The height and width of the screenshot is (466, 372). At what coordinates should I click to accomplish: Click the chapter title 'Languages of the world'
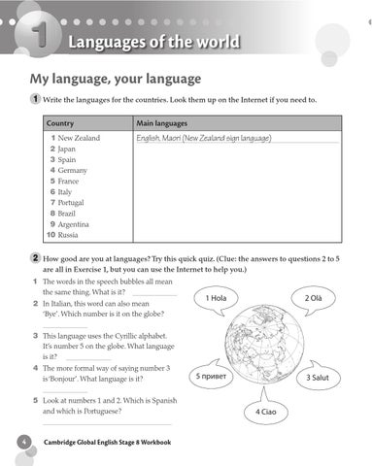156,42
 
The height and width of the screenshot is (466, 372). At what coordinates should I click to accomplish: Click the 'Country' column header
60,124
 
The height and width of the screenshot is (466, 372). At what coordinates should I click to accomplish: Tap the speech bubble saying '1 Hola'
216,298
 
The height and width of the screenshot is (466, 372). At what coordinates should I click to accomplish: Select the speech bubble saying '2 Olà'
314,298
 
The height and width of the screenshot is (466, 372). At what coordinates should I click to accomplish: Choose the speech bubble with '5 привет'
213,376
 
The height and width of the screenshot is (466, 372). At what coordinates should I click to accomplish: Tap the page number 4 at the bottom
21,443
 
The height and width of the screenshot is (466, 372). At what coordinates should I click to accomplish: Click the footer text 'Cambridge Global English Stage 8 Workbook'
107,443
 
